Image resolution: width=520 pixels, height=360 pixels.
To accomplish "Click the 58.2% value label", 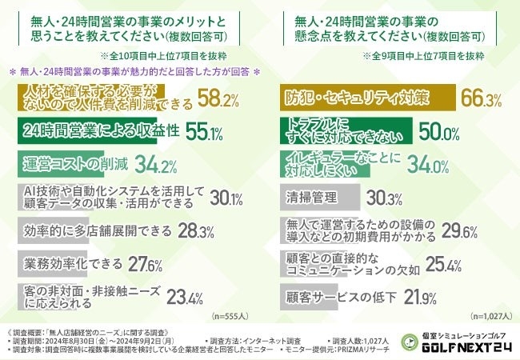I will (x=218, y=100).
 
